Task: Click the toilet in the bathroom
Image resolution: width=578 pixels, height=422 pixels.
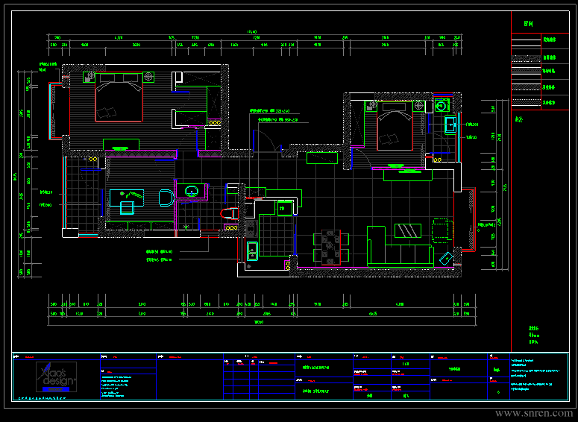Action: pyautogui.click(x=228, y=213)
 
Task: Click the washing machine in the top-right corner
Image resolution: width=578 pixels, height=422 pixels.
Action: pyautogui.click(x=440, y=105)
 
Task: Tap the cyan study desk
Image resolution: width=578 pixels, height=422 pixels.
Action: pyautogui.click(x=127, y=199)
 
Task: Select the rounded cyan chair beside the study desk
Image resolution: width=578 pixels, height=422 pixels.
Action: pyautogui.click(x=165, y=198)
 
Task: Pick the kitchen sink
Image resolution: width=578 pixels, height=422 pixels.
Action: pyautogui.click(x=252, y=251)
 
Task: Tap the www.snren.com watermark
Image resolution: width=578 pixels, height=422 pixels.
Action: pyautogui.click(x=534, y=412)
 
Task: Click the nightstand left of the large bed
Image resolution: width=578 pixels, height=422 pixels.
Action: pyautogui.click(x=89, y=77)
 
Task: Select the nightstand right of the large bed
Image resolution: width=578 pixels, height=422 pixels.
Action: pyautogui.click(x=148, y=77)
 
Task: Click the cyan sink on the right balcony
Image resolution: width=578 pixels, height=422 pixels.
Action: pyautogui.click(x=450, y=125)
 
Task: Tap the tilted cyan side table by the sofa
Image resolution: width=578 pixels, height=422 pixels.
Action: pyautogui.click(x=447, y=257)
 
